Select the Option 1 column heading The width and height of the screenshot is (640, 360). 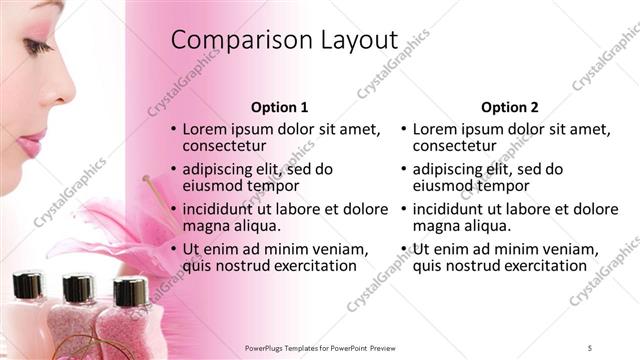tap(279, 107)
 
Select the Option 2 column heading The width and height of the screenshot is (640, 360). tap(509, 107)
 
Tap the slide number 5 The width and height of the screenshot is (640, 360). tap(590, 347)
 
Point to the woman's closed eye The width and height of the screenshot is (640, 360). tap(37, 46)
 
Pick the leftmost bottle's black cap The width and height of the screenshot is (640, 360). tap(27, 286)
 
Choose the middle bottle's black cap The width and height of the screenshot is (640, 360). tap(77, 288)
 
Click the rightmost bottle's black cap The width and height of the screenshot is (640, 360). tap(130, 292)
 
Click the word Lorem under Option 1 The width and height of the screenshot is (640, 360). tap(207, 129)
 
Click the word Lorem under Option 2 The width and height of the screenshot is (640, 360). tap(437, 129)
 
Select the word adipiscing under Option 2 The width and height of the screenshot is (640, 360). tap(450, 169)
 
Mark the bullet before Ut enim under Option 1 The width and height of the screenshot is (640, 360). tap(174, 249)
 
